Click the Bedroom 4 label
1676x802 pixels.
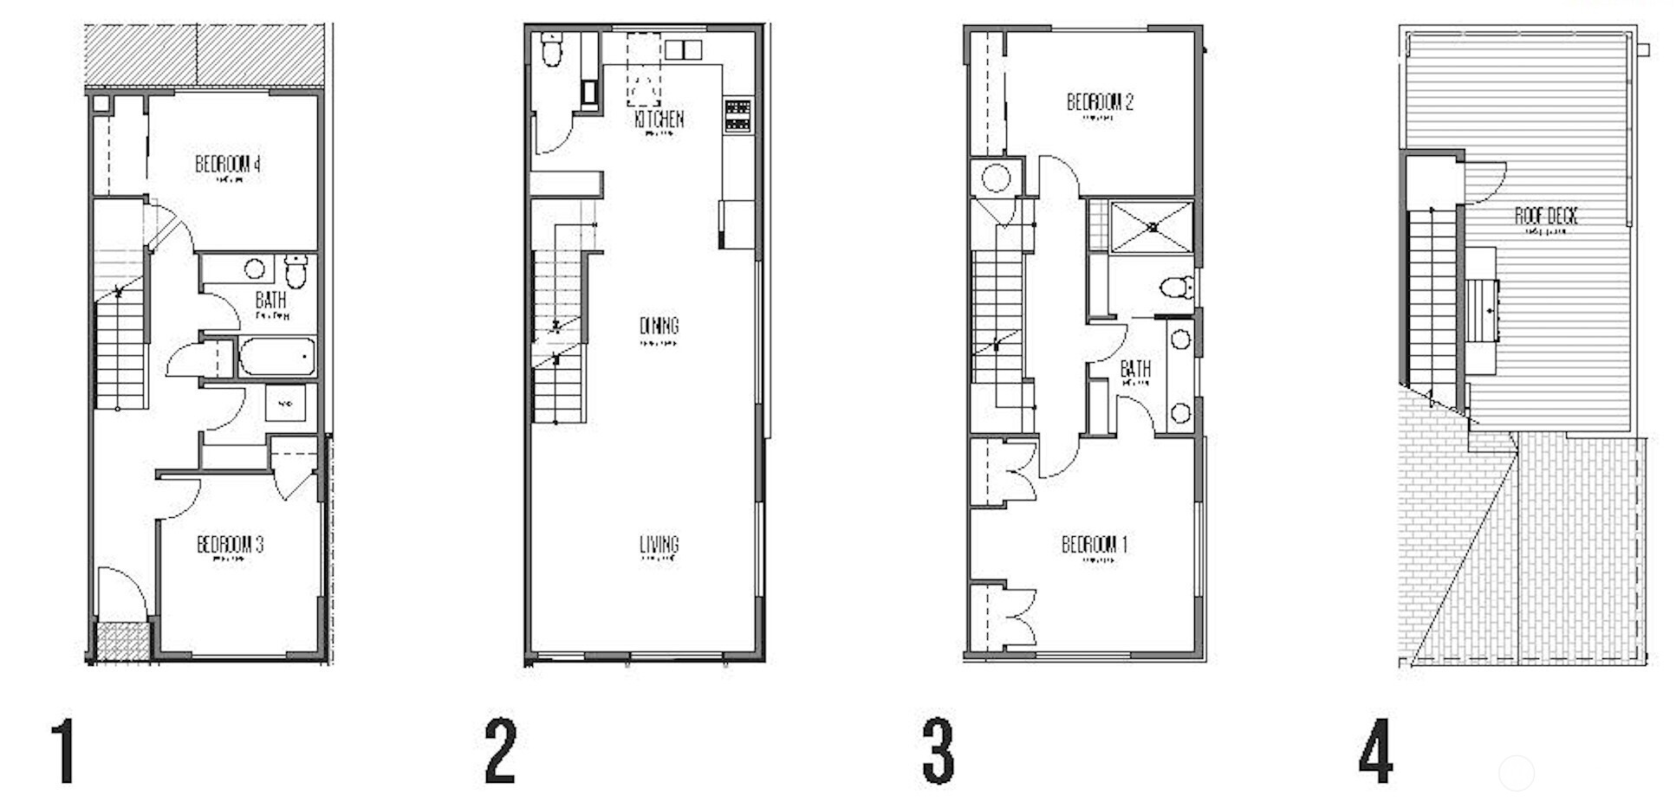click(x=228, y=164)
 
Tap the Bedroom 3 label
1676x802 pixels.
click(x=230, y=545)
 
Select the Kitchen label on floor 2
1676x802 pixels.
click(x=659, y=119)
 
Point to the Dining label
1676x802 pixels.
click(x=659, y=326)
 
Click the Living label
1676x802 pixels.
click(x=659, y=545)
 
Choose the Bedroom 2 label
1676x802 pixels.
click(x=1100, y=102)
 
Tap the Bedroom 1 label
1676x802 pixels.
click(x=1095, y=545)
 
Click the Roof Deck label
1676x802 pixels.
click(x=1546, y=216)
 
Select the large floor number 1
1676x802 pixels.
click(x=63, y=752)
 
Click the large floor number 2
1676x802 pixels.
click(x=501, y=752)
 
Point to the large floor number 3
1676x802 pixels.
click(x=939, y=752)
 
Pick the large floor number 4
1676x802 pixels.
click(x=1376, y=752)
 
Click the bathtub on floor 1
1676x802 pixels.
click(x=276, y=357)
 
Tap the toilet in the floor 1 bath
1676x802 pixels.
click(x=296, y=270)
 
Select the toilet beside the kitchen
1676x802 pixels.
click(x=552, y=49)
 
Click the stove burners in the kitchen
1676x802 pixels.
click(x=738, y=116)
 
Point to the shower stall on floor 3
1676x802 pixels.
click(x=1152, y=227)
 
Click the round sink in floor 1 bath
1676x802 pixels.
click(x=254, y=268)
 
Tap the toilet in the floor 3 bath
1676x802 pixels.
click(x=1179, y=287)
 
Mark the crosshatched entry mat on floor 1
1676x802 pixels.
click(x=121, y=642)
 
